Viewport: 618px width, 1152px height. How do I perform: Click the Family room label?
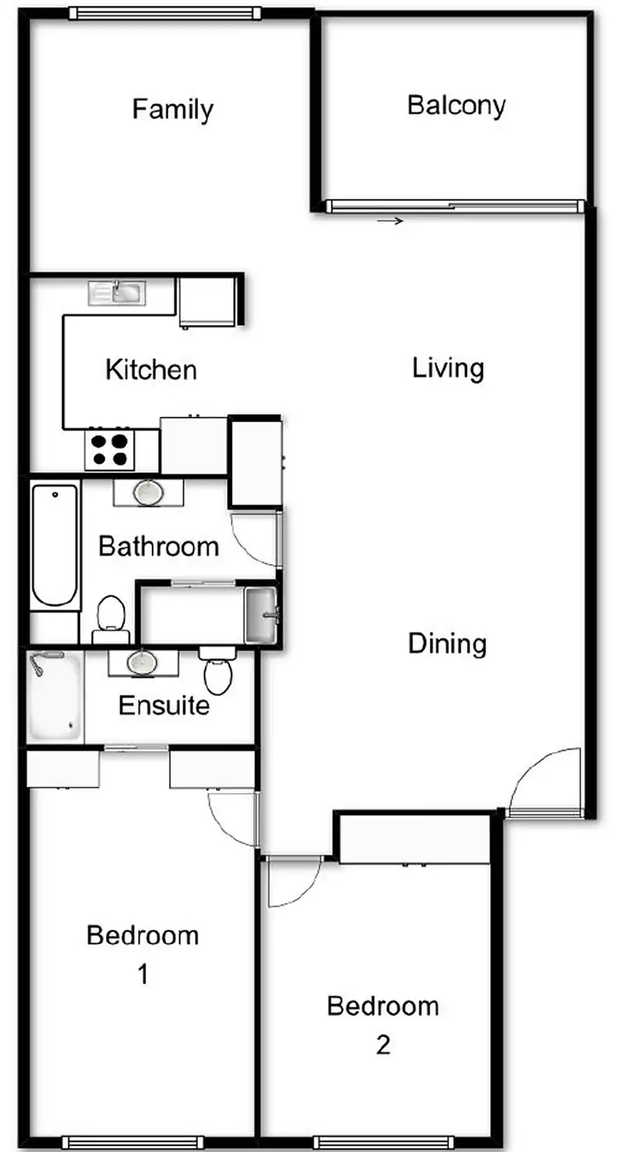pyautogui.click(x=173, y=109)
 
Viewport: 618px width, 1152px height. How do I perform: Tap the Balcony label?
pyautogui.click(x=456, y=106)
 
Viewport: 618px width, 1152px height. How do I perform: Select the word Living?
pyautogui.click(x=447, y=368)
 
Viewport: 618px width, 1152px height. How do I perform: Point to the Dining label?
pyautogui.click(x=447, y=643)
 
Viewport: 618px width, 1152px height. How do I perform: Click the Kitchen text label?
pyautogui.click(x=151, y=369)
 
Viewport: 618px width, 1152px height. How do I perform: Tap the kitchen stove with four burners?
pyautogui.click(x=110, y=449)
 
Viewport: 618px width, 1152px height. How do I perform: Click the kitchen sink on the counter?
pyautogui.click(x=116, y=291)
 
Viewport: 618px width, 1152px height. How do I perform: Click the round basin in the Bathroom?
pyautogui.click(x=148, y=492)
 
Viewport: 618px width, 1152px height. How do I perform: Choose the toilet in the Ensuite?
pyautogui.click(x=218, y=670)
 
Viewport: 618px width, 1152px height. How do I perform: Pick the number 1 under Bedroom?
pyautogui.click(x=142, y=975)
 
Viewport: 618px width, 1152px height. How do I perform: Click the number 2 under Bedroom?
pyautogui.click(x=382, y=1045)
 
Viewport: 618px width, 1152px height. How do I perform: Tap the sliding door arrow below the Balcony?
pyautogui.click(x=391, y=221)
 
